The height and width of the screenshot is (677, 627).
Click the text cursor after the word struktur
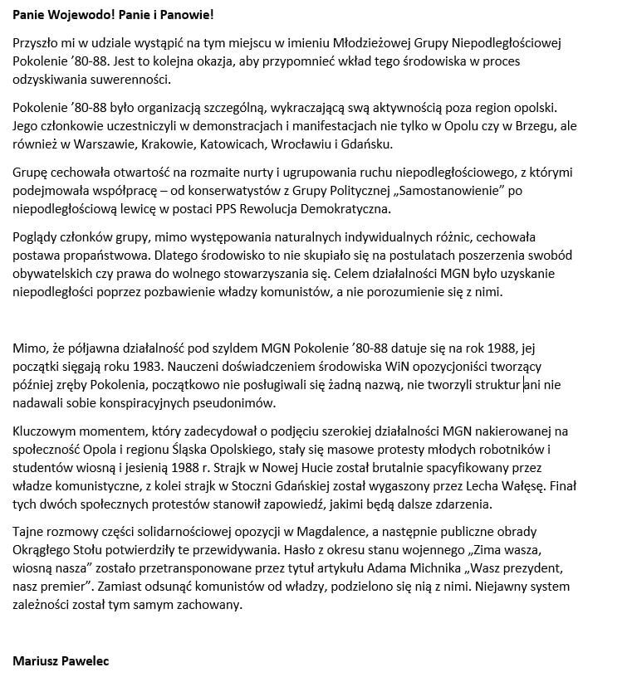click(522, 385)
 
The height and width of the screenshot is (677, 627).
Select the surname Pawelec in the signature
click(91, 660)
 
